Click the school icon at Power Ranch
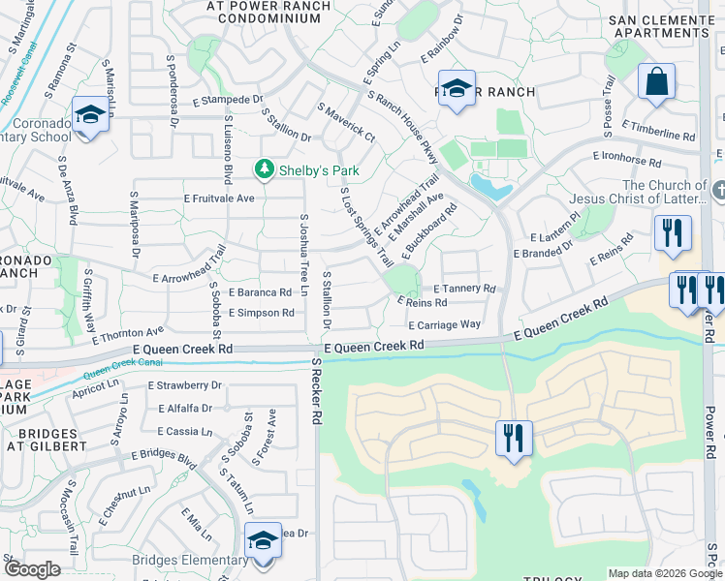457,88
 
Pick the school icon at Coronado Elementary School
90,115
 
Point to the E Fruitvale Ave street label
219,199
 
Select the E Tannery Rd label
464,289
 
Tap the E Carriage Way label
444,325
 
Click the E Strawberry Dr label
185,385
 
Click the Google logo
32,569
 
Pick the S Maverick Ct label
345,125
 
